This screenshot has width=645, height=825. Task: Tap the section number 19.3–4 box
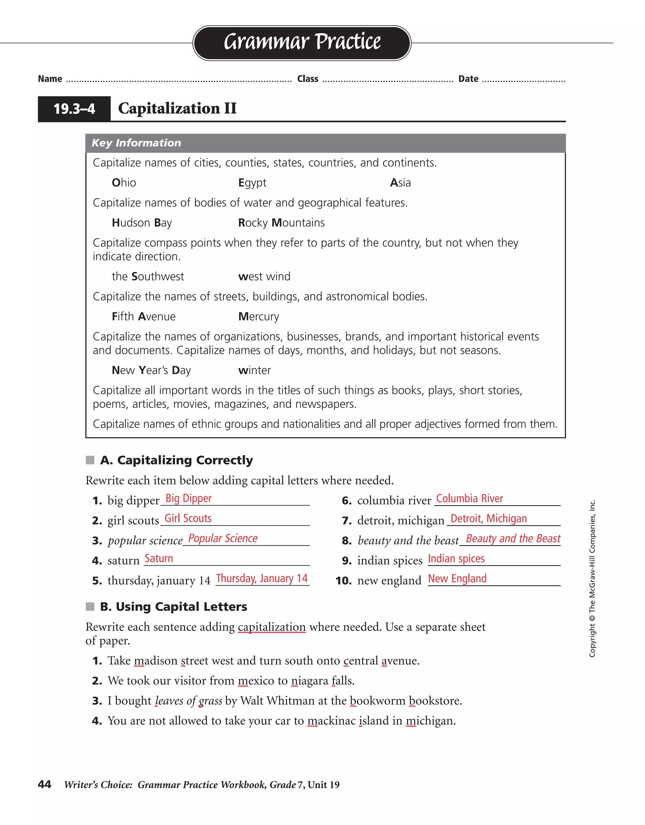click(74, 109)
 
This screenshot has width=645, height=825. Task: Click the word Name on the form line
click(50, 79)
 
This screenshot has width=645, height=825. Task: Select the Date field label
click(468, 79)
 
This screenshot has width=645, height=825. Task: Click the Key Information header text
click(136, 143)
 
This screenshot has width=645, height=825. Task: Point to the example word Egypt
click(252, 183)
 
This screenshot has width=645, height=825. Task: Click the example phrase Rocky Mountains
click(281, 223)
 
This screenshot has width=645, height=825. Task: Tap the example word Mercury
click(259, 316)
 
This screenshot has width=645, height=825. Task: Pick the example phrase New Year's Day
click(151, 370)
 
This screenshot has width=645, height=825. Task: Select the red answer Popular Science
click(223, 538)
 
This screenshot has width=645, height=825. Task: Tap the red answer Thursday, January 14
click(261, 578)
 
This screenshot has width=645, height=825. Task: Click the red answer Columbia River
click(469, 499)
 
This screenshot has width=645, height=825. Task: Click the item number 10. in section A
click(344, 581)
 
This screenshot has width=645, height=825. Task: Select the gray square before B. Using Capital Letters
click(90, 607)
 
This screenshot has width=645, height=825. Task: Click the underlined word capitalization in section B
click(272, 627)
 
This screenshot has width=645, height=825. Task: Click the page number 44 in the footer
click(45, 785)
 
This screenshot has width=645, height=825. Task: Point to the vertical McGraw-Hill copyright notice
click(592, 578)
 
